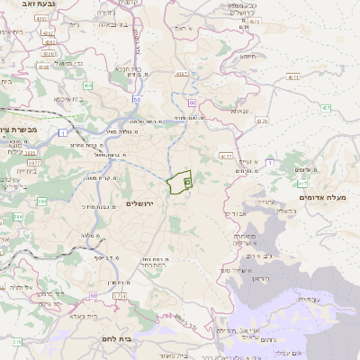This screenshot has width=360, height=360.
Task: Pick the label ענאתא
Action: point(243,128)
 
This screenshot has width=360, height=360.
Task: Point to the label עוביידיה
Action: point(307,298)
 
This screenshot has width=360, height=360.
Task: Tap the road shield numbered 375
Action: point(17,342)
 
